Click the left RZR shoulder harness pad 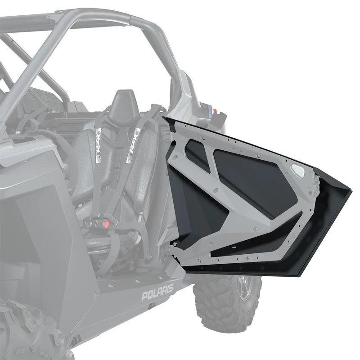tap(100, 139)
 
